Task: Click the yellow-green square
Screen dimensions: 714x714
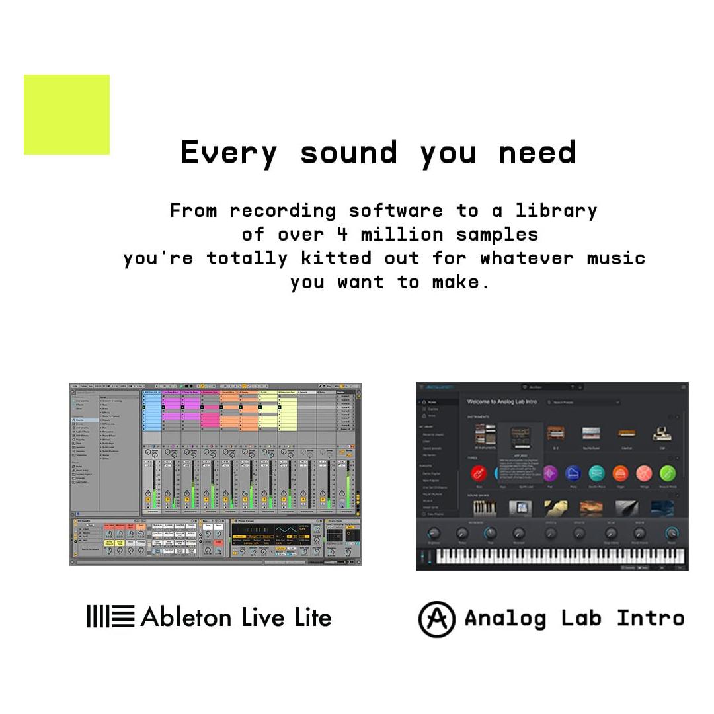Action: tap(67, 114)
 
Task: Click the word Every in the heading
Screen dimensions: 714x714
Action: tap(229, 153)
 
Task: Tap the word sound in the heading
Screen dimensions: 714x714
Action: tap(348, 153)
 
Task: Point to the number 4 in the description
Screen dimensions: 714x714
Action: tap(342, 234)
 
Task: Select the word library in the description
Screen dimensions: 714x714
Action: tap(556, 211)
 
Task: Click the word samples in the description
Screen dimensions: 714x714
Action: tap(497, 234)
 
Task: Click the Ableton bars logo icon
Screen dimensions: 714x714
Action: tap(110, 617)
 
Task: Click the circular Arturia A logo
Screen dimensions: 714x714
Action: tap(436, 619)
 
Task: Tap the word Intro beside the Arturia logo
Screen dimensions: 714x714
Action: tap(651, 619)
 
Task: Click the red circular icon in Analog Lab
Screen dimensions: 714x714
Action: tap(479, 473)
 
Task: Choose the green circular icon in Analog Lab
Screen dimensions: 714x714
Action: tap(668, 473)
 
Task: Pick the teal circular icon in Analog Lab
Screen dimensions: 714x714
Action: tap(596, 473)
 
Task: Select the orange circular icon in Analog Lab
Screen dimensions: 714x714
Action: tap(620, 473)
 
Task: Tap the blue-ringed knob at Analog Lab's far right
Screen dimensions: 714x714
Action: tap(672, 533)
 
